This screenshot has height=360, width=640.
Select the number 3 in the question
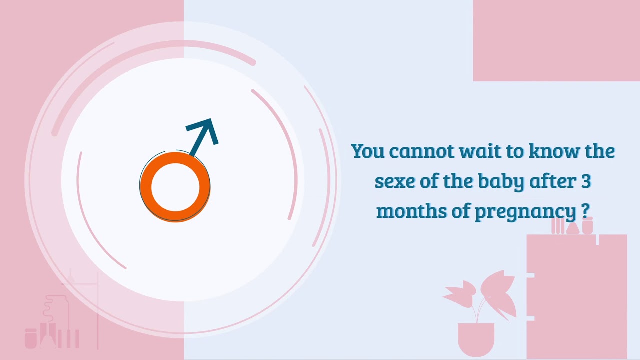coord(586,181)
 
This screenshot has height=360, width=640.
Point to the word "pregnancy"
coord(525,212)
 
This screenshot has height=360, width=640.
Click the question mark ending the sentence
coord(586,211)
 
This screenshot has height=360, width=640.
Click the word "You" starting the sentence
coord(367,151)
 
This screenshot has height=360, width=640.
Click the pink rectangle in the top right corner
coord(556,40)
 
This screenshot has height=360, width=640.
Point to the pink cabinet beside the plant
coord(577,295)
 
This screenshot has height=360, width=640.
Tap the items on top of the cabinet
coord(572,226)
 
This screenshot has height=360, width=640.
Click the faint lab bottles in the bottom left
coord(52,327)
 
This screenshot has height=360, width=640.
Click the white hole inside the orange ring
coord(175,187)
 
